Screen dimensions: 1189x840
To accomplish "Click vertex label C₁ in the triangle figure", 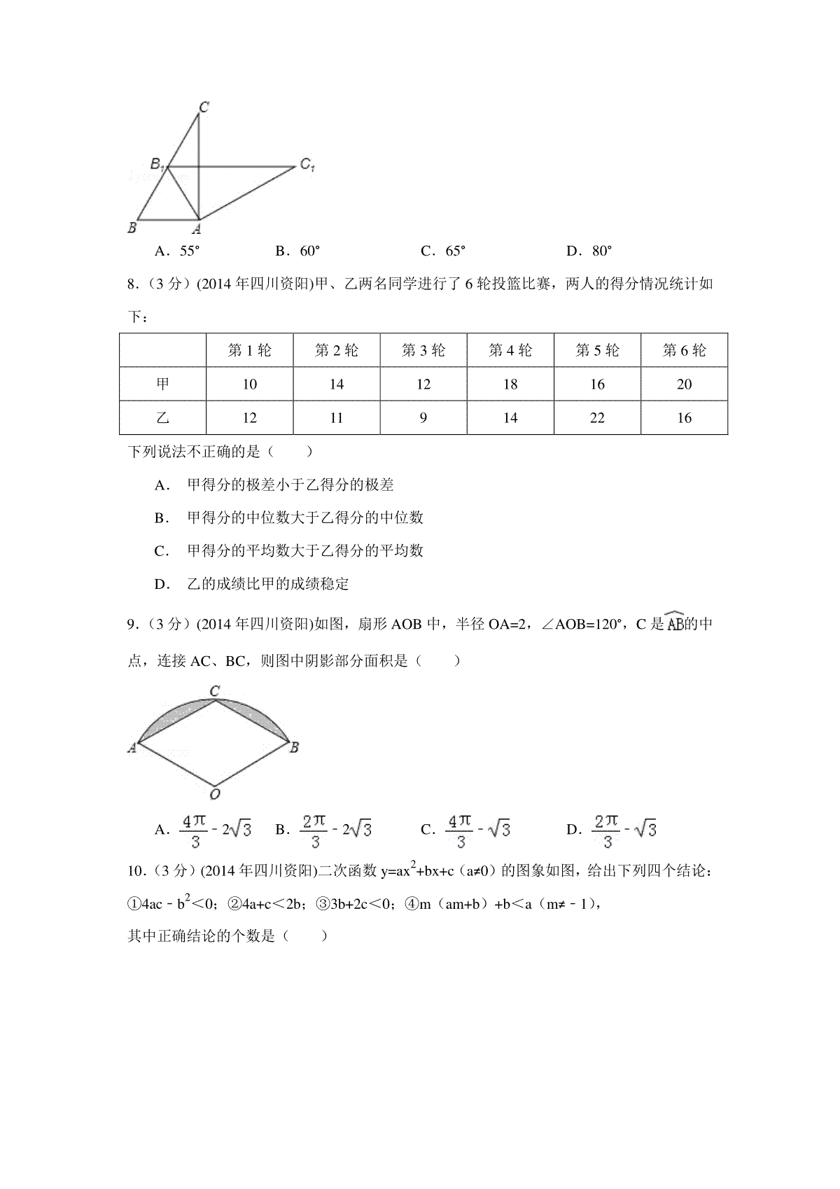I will (x=307, y=165).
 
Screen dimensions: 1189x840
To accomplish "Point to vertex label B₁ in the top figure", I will (x=157, y=165).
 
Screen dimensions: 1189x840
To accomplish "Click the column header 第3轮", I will (x=423, y=350).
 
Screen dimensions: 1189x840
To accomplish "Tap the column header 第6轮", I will (x=684, y=350).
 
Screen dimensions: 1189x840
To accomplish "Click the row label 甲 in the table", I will (x=162, y=384).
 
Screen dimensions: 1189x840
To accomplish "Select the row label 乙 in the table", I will (x=162, y=418).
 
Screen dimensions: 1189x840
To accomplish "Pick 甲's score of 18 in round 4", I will (x=510, y=384).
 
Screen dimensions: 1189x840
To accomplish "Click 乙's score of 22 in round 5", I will (x=597, y=418).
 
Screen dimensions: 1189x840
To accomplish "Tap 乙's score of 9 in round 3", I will (x=423, y=418).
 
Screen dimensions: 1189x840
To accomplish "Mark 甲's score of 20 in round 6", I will (x=684, y=384).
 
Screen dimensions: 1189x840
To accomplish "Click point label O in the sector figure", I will (x=215, y=794).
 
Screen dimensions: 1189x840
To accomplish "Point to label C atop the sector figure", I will (x=215, y=691).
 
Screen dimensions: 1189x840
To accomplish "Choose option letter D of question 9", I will (x=573, y=830).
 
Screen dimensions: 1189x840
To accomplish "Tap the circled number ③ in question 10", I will (x=323, y=904).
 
